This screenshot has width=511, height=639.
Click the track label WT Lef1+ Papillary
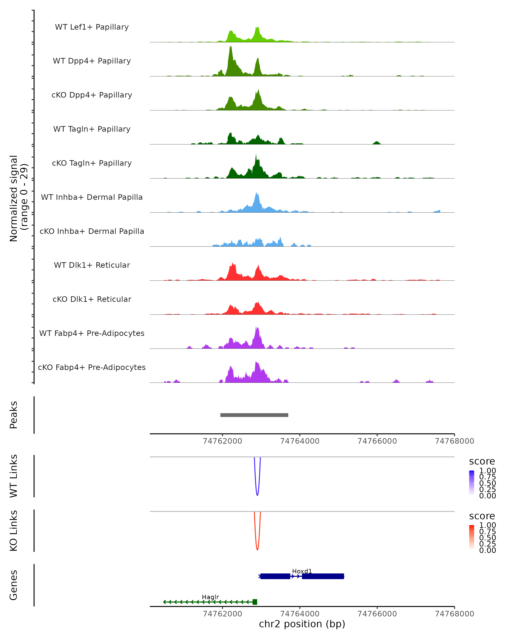click(x=92, y=27)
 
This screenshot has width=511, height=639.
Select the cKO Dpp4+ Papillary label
click(x=92, y=95)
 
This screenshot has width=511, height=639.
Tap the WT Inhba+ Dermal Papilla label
click(x=92, y=197)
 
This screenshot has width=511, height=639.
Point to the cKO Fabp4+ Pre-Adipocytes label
click(x=92, y=367)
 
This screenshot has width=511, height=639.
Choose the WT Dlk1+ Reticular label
click(x=92, y=265)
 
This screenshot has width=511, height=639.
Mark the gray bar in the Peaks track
click(x=254, y=415)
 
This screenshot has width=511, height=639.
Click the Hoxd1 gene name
click(x=302, y=571)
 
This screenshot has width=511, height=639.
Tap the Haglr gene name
click(x=210, y=597)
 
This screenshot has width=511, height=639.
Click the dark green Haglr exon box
click(x=255, y=602)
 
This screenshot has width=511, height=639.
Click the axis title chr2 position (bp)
click(x=302, y=624)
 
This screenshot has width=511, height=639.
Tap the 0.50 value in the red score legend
click(x=488, y=538)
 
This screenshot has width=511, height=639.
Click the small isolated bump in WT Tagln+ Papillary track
click(x=376, y=143)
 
